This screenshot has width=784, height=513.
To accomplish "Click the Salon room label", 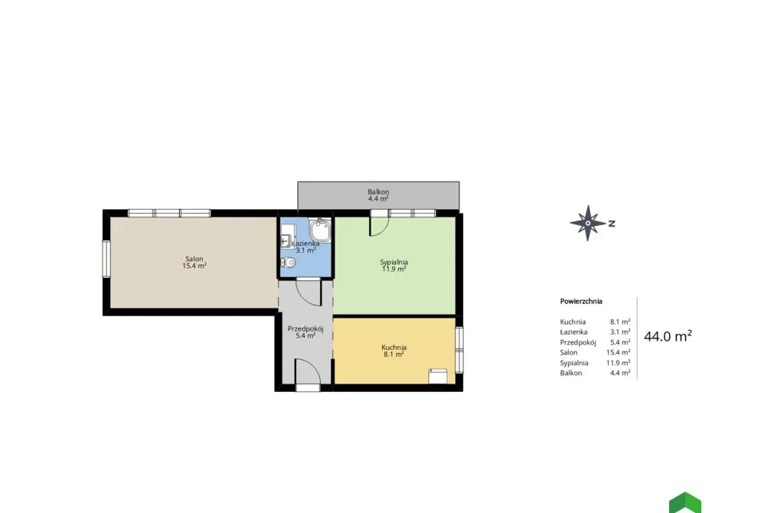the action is click(194, 259).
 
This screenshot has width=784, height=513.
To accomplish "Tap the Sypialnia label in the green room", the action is click(394, 262).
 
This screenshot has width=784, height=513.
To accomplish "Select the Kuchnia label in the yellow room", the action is click(394, 347).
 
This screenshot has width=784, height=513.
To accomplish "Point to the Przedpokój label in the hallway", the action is click(305, 329).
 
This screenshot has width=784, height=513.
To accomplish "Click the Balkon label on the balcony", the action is click(378, 191).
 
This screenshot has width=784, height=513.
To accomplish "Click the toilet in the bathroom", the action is click(288, 263).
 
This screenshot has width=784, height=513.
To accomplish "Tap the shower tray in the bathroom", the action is click(320, 230).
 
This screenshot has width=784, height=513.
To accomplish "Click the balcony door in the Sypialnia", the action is click(379, 223).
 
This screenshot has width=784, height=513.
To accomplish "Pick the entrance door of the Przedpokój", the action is click(308, 373).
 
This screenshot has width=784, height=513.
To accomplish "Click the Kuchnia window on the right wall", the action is click(459, 349).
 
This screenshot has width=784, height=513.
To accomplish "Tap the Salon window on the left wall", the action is click(106, 259).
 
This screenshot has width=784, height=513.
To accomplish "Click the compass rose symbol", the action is click(589, 223).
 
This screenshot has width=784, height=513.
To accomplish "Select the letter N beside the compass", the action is click(612, 224).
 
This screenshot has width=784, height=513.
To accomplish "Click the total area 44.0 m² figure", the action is click(668, 336).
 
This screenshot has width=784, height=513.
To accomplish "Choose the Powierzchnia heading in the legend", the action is click(581, 301).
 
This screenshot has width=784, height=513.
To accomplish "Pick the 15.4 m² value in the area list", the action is click(618, 352).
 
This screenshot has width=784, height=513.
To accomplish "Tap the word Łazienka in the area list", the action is click(573, 332).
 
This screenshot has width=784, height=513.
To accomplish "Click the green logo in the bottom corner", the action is click(685, 503).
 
